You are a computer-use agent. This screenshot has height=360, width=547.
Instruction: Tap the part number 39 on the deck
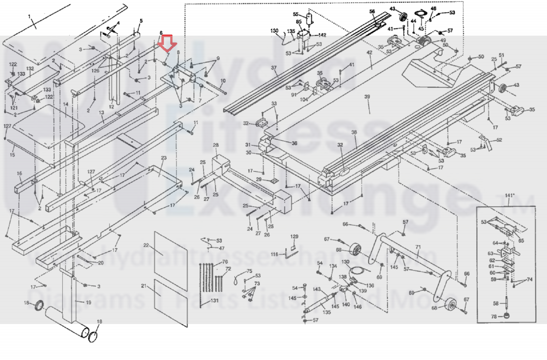coord(367,97)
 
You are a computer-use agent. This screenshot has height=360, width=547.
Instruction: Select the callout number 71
coord(418,247)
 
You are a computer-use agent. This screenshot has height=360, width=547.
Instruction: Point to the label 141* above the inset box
coord(510,196)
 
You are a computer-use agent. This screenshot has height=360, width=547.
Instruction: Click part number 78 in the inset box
coord(494,316)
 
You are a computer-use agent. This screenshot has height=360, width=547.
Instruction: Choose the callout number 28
coord(216,145)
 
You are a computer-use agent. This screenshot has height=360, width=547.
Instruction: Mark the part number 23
coord(164,158)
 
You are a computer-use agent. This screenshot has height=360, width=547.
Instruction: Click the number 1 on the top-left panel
coord(29,16)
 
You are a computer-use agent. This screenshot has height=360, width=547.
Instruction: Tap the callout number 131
coord(214,301)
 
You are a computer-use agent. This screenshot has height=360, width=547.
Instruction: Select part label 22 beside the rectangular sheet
coord(146,245)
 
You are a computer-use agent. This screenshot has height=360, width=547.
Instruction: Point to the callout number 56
coord(372,11)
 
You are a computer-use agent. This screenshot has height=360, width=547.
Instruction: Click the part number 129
coord(294,236)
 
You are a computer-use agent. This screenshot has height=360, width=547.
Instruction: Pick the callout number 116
coord(274,254)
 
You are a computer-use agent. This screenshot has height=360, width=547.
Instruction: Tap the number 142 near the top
coord(322,35)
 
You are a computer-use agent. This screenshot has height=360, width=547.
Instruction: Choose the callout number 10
coord(223,81)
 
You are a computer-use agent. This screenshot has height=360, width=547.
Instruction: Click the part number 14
coord(66,104)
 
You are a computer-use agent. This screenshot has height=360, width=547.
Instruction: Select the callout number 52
coord(499,140)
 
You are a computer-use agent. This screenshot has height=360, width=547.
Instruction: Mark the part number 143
coord(317,289)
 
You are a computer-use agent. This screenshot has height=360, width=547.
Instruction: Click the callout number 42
coord(369,53)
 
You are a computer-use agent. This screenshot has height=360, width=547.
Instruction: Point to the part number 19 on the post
coord(88,302)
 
